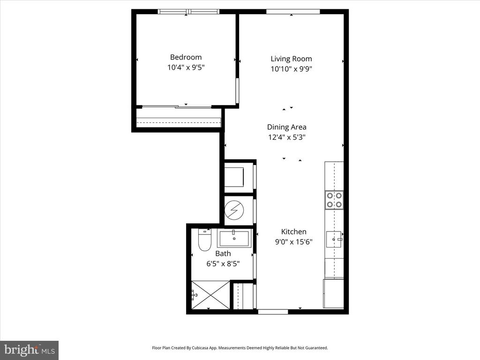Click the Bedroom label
tap(186, 57)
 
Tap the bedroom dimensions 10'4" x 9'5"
tap(186, 67)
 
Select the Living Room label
tap(291, 59)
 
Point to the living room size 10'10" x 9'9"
tap(291, 69)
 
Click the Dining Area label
tap(286, 127)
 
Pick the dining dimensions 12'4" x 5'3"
tap(286, 137)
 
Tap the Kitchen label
tap(293, 232)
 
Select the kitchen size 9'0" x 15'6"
tap(293, 242)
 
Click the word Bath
tap(223, 254)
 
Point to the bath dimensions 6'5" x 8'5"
tap(223, 263)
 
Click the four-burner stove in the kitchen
tap(334, 200)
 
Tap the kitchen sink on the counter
tap(334, 239)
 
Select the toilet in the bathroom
tap(204, 240)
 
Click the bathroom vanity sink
tap(234, 238)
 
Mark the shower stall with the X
tap(210, 295)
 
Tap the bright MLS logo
tap(30, 350)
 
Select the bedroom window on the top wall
tap(188, 12)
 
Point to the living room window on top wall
tap(293, 12)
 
